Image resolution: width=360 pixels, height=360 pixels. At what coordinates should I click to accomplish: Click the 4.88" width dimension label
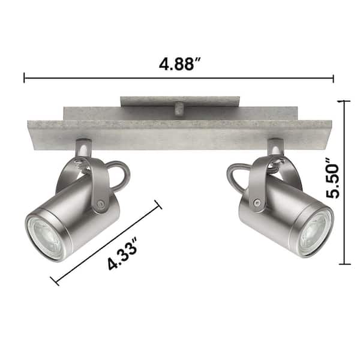[179, 64]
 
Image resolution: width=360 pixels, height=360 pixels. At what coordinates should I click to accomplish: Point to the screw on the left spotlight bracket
[100, 205]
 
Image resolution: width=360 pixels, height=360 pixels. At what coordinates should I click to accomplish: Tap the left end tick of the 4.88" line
[25, 78]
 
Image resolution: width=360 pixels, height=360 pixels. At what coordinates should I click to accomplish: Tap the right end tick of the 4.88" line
[333, 78]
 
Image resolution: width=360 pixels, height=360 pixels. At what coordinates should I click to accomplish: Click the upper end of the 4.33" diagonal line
[159, 205]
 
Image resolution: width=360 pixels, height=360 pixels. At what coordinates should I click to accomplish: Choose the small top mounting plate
[180, 101]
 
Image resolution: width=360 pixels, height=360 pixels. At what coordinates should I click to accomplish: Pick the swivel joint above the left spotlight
[83, 148]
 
